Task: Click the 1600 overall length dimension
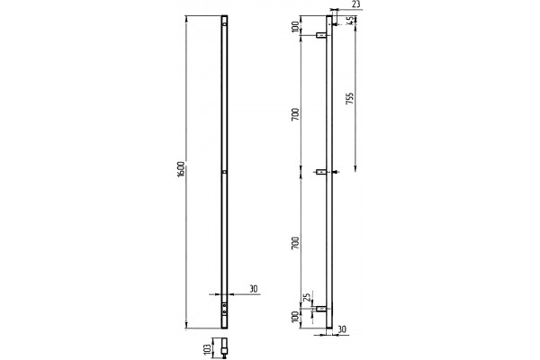[182, 169]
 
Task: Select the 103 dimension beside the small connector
[207, 349]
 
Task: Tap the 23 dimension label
[356, 5]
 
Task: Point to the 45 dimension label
[352, 21]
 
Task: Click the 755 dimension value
[349, 99]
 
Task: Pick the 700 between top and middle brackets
[295, 114]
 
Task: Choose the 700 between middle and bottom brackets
[295, 243]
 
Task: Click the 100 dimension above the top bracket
[295, 26]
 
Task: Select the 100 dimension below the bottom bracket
[295, 317]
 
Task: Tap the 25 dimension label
[308, 295]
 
